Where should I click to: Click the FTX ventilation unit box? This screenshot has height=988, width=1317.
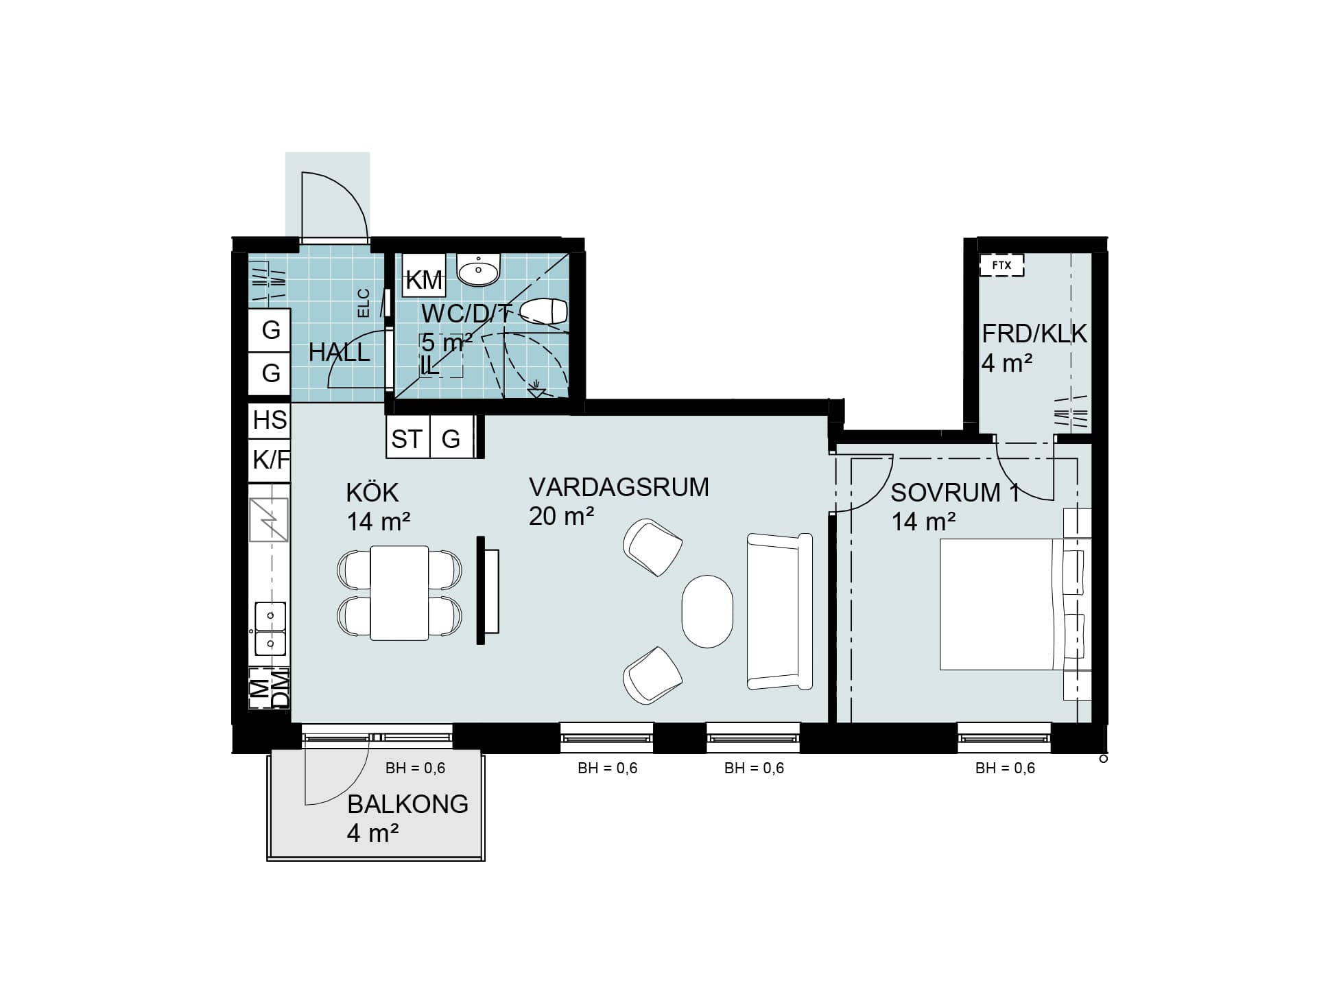(x=1001, y=265)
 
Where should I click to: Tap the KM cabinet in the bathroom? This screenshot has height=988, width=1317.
(x=424, y=275)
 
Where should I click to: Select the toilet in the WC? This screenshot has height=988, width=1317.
(x=544, y=311)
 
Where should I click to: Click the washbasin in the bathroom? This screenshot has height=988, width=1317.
(x=479, y=270)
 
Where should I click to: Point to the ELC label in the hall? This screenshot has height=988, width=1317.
(x=364, y=303)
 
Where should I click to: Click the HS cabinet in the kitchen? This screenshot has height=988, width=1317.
(x=270, y=420)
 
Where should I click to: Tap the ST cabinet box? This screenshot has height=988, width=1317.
(x=407, y=437)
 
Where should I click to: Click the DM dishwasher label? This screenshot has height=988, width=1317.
(x=281, y=690)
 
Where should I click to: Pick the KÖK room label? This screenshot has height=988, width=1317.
(x=372, y=493)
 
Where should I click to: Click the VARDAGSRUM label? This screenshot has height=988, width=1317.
(x=619, y=487)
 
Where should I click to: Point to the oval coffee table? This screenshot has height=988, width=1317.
(x=707, y=611)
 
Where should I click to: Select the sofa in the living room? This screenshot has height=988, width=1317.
(x=780, y=611)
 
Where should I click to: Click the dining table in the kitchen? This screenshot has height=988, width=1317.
(x=399, y=593)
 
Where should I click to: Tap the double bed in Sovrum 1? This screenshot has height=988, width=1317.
(x=1015, y=604)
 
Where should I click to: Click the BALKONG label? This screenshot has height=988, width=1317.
(x=408, y=803)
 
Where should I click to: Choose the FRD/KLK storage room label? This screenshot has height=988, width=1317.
(x=1034, y=334)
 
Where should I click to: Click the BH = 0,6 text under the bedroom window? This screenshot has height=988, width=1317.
(x=1005, y=768)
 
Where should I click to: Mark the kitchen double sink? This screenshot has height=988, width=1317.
(x=270, y=629)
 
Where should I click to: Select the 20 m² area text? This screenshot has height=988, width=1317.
(x=561, y=516)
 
